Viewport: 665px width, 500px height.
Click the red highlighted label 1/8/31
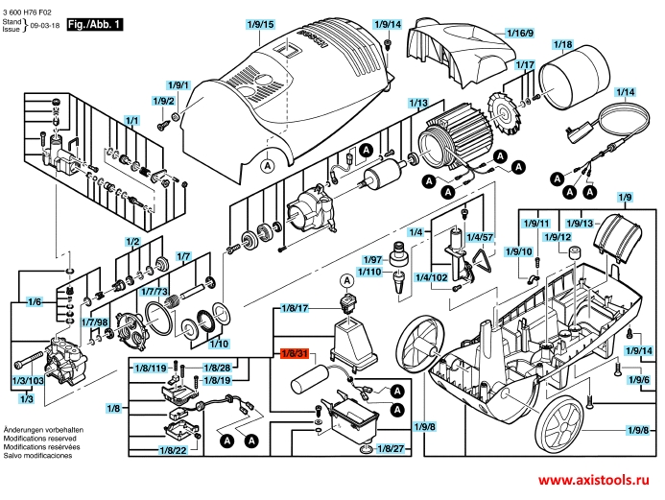[x=294, y=354]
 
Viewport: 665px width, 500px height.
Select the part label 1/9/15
[x=261, y=24]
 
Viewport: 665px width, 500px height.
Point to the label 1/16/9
[x=519, y=34]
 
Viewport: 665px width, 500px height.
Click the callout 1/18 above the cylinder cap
[x=563, y=45]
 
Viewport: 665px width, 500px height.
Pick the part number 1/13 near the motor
[x=417, y=103]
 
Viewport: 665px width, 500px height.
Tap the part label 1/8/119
[x=156, y=369]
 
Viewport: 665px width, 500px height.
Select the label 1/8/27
[x=392, y=448]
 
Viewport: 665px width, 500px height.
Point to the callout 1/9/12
[x=558, y=236]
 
